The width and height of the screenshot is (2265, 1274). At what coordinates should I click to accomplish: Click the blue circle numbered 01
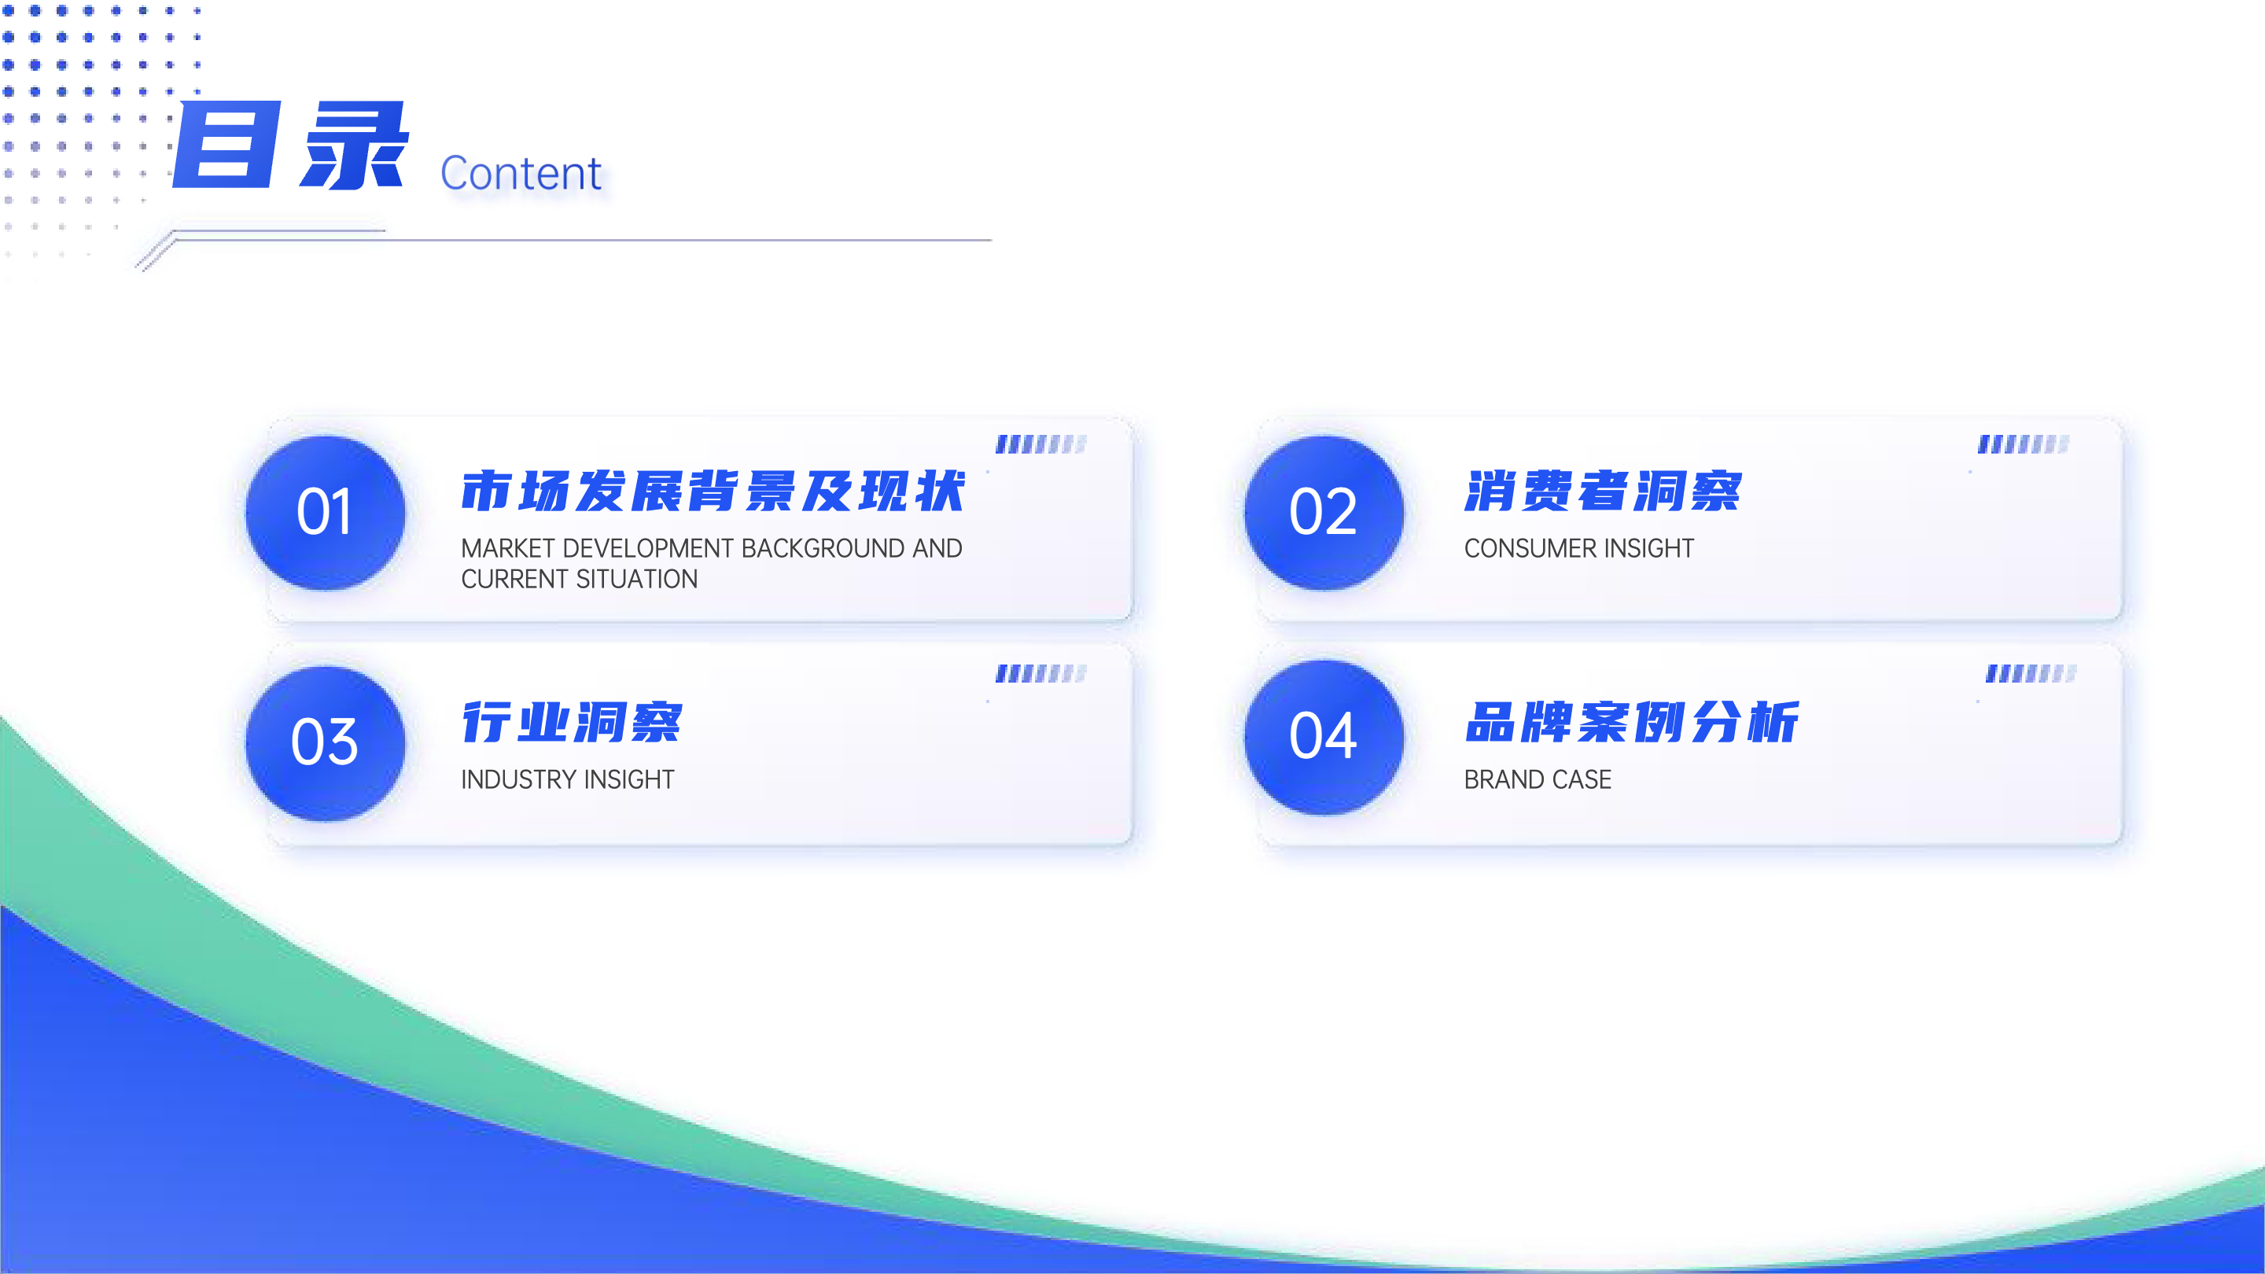point(326,513)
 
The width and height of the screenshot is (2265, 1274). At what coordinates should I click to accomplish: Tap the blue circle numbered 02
point(1324,513)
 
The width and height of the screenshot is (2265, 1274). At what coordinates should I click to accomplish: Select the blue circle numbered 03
point(326,744)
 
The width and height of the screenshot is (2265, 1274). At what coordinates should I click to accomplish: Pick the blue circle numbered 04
point(1324,738)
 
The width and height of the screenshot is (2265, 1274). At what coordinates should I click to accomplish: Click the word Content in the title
point(521,173)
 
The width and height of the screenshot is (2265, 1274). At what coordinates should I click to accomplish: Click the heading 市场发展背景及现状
point(713,491)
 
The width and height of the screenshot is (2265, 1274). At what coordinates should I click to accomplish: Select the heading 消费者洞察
point(1602,491)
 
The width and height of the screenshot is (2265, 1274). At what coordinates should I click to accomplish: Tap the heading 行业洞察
point(572,722)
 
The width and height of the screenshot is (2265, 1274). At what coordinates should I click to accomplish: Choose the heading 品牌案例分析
point(1631,722)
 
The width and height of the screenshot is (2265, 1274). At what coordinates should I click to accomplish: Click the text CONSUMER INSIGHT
point(1578,549)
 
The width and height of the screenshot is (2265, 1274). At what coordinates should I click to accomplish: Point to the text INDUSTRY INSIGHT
point(567,780)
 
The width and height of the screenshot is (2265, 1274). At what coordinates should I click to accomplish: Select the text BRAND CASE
point(1537,780)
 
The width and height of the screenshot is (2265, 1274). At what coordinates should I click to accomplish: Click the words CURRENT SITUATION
point(579,580)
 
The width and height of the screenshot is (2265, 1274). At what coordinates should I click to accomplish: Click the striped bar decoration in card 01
point(1041,444)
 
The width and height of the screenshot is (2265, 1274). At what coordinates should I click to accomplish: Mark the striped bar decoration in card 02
point(2024,444)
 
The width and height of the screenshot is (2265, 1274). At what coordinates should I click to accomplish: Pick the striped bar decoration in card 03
point(1041,673)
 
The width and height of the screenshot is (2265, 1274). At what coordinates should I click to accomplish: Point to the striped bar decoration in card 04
point(2031,673)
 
